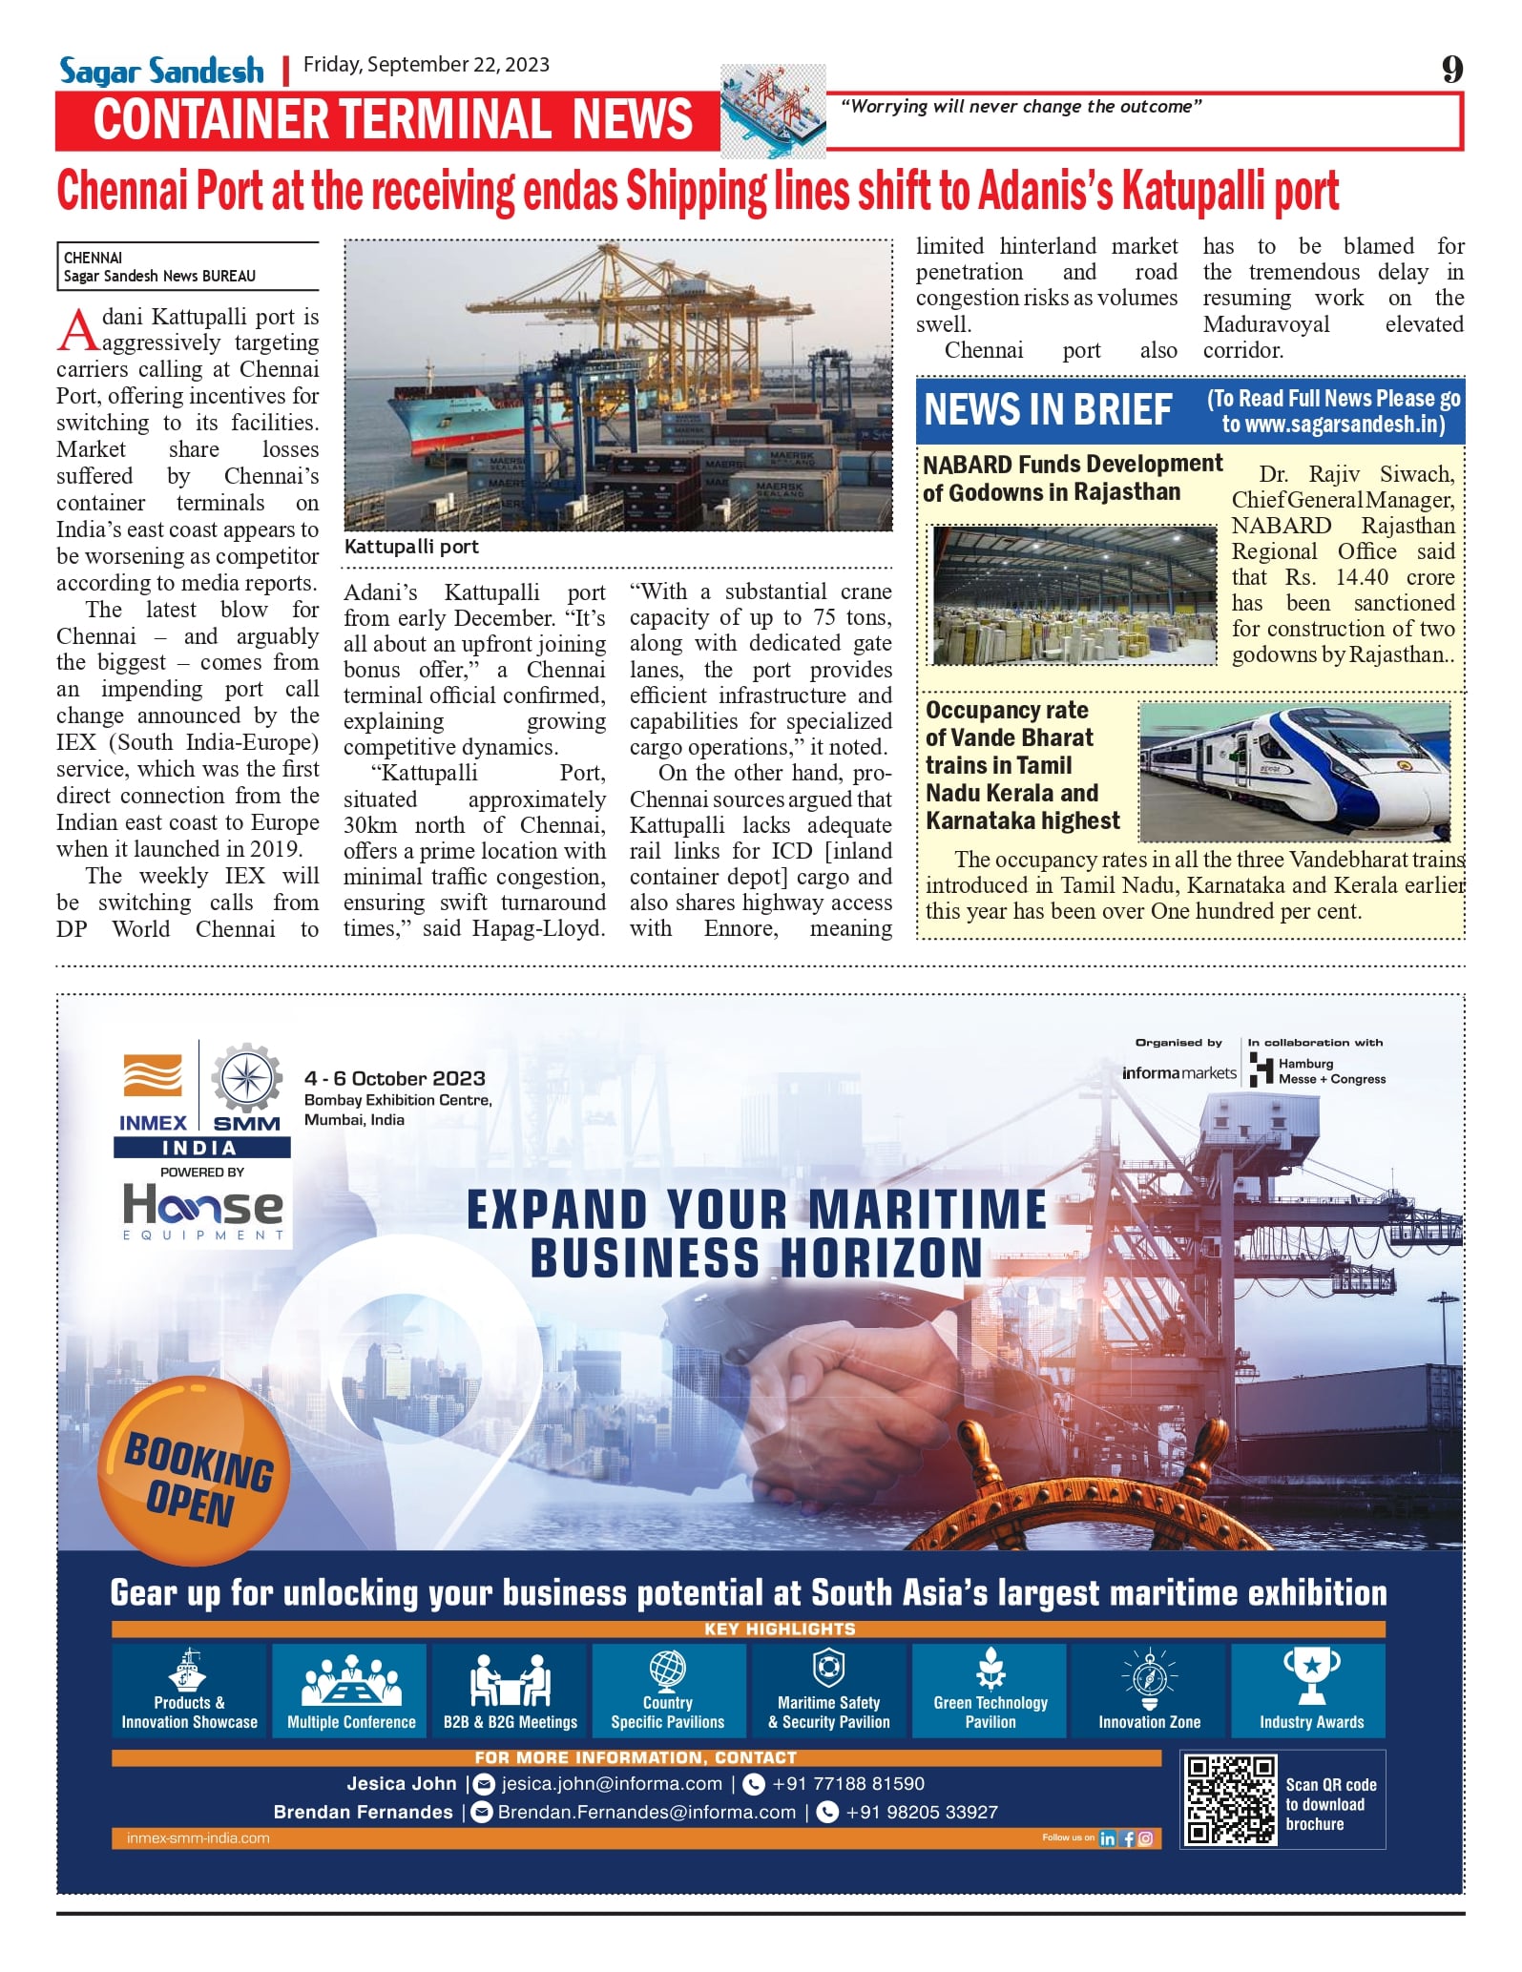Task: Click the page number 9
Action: tap(1451, 70)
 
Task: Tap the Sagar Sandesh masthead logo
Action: tap(161, 72)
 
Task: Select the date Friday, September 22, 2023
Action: tap(426, 65)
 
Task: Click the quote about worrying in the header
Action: tap(1020, 107)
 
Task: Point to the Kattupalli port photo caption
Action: tap(411, 547)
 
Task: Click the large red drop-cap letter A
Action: tap(77, 330)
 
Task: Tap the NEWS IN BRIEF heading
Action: tap(1048, 410)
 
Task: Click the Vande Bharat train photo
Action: tap(1295, 771)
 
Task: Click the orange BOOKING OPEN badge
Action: tap(194, 1470)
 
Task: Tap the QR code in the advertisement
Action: tap(1230, 1799)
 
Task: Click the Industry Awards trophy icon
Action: tap(1311, 1676)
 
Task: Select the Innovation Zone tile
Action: tap(1149, 1690)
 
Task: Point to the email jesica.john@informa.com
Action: tap(611, 1783)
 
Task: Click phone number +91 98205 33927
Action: tap(921, 1812)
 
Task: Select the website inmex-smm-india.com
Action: tap(198, 1837)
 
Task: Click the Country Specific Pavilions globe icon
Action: tap(667, 1671)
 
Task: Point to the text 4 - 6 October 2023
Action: tap(395, 1078)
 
